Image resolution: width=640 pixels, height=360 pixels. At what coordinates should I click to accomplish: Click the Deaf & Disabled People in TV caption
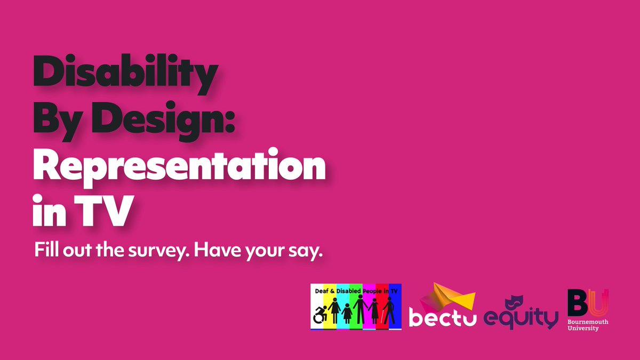[356, 290]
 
